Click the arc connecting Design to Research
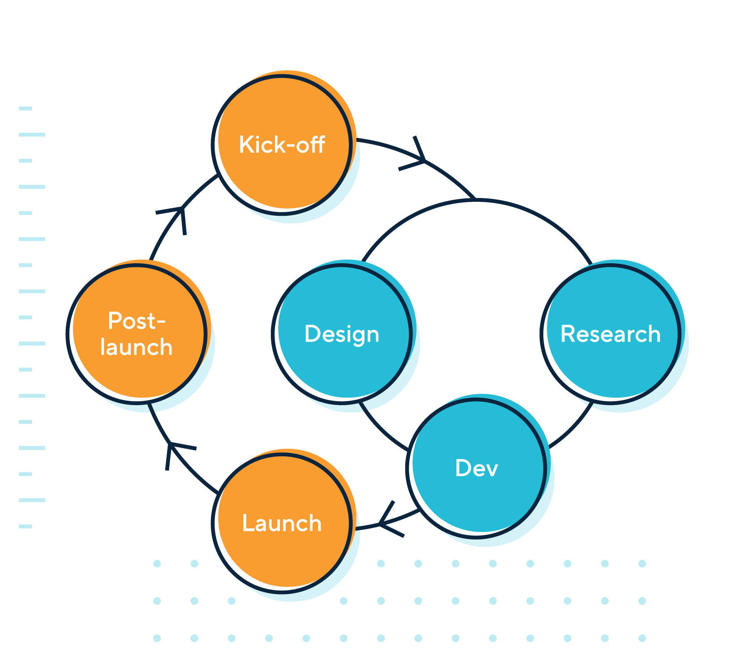(x=477, y=201)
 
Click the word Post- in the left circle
(x=137, y=321)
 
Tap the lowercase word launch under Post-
(x=137, y=347)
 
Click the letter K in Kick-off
(x=245, y=144)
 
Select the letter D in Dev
(x=463, y=468)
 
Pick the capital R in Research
(x=568, y=334)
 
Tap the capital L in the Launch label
(x=248, y=523)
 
